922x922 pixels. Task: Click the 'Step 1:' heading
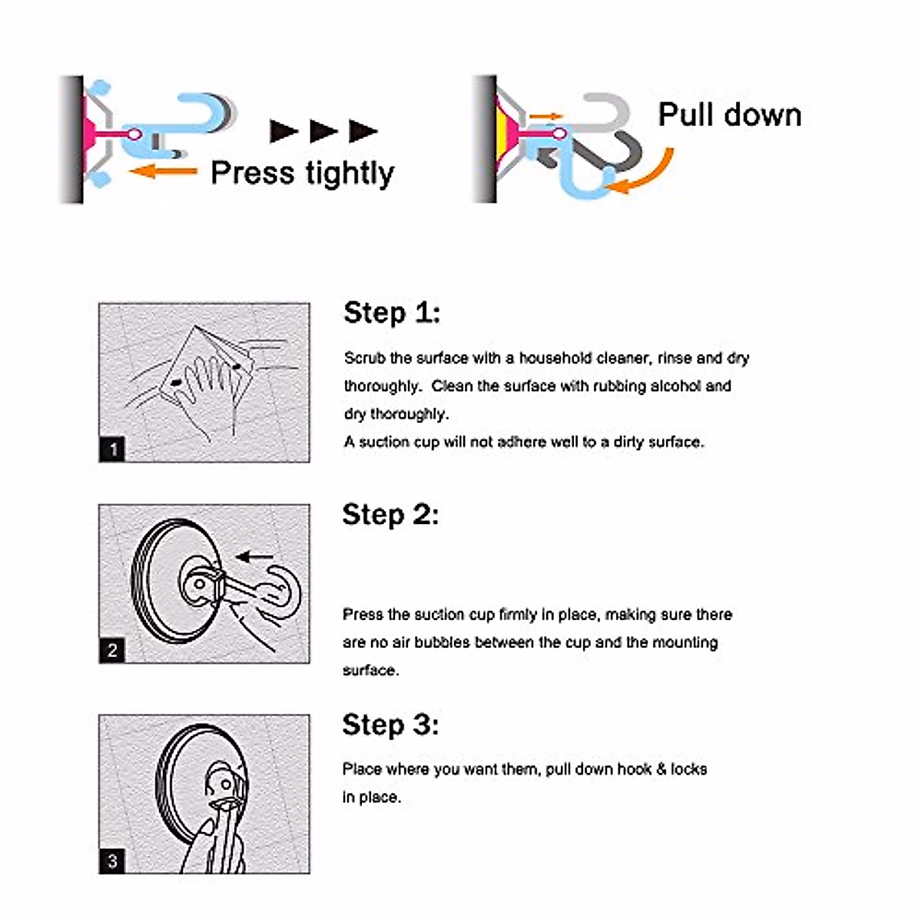click(x=392, y=313)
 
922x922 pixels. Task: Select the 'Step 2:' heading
click(x=390, y=514)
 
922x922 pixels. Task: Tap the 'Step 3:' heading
click(x=390, y=725)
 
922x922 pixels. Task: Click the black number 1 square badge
click(x=112, y=449)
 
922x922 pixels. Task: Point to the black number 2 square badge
click(x=112, y=651)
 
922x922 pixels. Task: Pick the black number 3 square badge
click(x=112, y=861)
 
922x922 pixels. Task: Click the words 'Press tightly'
click(x=302, y=174)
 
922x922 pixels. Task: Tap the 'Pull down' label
click(x=729, y=115)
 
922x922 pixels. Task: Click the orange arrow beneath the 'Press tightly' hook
click(x=162, y=171)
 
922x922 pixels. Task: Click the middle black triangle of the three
click(x=323, y=131)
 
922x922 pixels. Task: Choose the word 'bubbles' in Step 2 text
click(x=441, y=642)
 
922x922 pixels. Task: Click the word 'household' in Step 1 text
click(x=556, y=358)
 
